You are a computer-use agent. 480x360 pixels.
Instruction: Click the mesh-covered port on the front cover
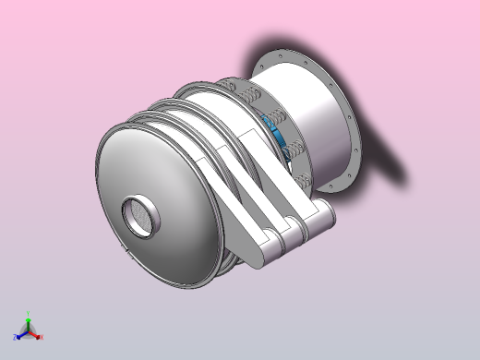(x=141, y=216)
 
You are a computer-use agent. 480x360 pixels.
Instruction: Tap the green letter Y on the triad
(x=29, y=314)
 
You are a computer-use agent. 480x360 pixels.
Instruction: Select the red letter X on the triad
(x=42, y=336)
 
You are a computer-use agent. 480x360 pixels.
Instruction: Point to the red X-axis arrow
(x=35, y=333)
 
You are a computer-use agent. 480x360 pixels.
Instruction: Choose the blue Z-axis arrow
(x=20, y=333)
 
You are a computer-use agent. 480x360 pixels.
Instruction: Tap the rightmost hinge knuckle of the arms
(x=319, y=220)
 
